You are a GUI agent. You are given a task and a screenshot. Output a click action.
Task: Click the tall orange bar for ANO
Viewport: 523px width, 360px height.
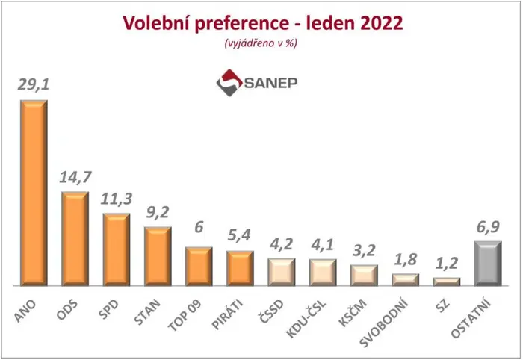[34, 193]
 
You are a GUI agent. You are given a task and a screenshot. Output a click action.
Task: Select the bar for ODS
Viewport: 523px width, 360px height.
[75, 239]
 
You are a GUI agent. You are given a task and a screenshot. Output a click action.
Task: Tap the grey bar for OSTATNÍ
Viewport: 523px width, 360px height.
[488, 264]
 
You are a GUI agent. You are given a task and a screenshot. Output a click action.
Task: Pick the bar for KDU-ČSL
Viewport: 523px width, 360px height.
[323, 273]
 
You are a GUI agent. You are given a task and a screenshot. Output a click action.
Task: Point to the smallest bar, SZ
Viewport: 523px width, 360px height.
[447, 282]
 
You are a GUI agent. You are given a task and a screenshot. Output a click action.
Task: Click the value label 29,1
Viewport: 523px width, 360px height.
[34, 84]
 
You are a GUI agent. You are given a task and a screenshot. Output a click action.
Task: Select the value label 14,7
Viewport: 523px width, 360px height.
[75, 177]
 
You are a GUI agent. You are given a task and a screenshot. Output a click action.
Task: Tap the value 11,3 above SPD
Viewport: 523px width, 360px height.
[117, 199]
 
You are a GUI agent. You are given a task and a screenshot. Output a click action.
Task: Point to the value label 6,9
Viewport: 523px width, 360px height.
[488, 227]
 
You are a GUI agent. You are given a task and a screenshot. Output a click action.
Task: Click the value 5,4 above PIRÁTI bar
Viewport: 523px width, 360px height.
[240, 236]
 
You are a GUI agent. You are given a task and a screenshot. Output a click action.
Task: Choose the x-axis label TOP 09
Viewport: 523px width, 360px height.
[185, 315]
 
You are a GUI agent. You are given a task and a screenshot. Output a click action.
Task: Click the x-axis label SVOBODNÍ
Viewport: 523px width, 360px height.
[384, 323]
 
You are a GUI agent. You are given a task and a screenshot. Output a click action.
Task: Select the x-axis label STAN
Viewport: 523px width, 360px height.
[147, 311]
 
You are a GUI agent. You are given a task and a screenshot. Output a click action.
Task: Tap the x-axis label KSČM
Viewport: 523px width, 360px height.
[353, 313]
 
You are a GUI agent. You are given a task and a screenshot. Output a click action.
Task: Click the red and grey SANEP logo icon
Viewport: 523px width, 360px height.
[229, 83]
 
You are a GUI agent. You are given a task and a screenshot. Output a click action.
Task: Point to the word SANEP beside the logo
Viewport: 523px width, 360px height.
[270, 83]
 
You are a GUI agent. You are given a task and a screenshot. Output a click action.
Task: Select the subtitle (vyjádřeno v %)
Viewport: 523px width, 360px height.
[261, 43]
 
